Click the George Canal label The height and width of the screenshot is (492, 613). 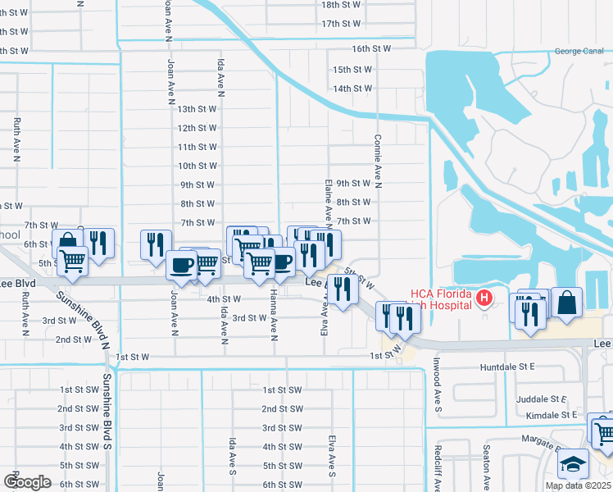579,52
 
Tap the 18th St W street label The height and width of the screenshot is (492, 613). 342,5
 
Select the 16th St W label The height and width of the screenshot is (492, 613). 372,49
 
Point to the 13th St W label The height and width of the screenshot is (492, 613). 197,109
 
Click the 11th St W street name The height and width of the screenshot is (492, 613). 197,148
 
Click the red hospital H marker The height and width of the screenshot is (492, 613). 484,297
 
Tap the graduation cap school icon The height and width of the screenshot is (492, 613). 574,465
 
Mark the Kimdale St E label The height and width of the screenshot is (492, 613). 552,416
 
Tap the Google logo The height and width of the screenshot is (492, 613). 27,482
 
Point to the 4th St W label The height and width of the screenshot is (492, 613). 224,299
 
